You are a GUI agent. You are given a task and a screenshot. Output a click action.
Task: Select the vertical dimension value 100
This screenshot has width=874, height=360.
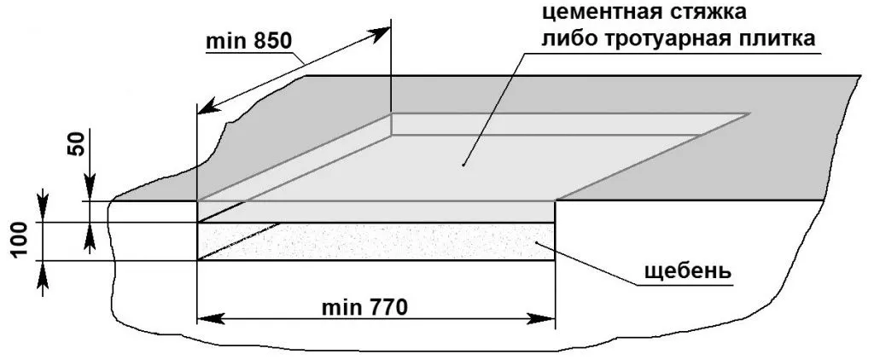click(23, 241)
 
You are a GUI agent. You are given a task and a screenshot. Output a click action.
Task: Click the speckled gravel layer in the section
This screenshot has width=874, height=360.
click(384, 241)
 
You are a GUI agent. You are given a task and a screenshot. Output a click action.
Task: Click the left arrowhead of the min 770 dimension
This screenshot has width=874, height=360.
click(205, 319)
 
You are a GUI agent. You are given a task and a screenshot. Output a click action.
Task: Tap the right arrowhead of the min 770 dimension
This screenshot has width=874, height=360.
click(548, 319)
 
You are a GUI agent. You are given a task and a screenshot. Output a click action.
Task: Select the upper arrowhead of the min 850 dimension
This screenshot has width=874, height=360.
click(383, 31)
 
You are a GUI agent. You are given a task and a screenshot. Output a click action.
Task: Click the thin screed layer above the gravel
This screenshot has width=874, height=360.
click(376, 212)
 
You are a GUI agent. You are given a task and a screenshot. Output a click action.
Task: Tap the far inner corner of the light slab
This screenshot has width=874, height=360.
click(391, 114)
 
